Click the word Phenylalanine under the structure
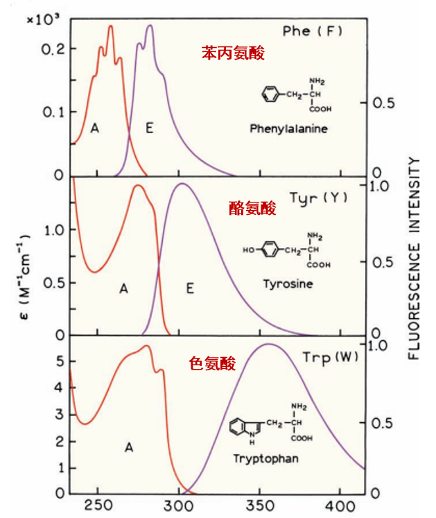[x=289, y=129]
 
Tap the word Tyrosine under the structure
[x=288, y=284]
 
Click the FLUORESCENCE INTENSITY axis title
[x=415, y=258]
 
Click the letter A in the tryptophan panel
[x=128, y=448]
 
